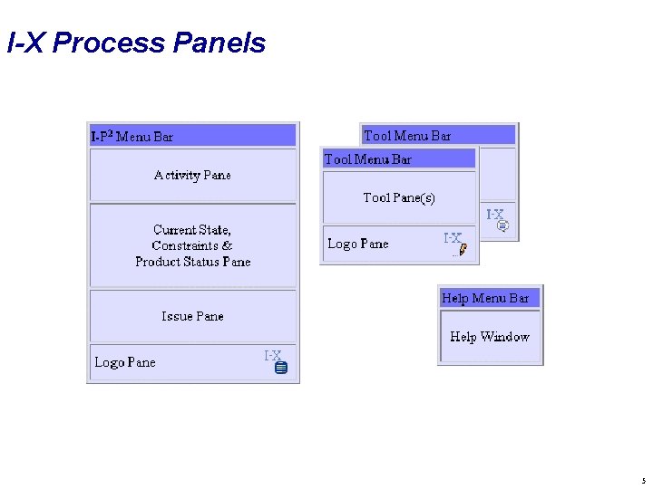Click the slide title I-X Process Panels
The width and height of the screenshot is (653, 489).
[136, 43]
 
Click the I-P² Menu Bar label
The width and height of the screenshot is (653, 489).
[132, 137]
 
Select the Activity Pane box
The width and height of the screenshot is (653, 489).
[192, 175]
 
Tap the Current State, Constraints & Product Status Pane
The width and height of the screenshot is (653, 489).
[192, 245]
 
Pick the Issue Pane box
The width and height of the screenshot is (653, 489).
[192, 316]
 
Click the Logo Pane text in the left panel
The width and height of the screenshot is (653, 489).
[125, 362]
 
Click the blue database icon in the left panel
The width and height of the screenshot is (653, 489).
[281, 368]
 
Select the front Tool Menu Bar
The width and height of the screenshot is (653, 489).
[368, 159]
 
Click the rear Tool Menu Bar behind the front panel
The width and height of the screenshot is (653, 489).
[407, 136]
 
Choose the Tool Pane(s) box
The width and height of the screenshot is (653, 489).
[399, 197]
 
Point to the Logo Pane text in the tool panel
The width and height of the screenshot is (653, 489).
[357, 244]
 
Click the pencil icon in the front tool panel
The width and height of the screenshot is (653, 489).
[463, 249]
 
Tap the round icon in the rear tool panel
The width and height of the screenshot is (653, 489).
[503, 225]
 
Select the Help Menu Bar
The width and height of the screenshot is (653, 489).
[485, 298]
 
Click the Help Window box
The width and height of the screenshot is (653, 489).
[490, 337]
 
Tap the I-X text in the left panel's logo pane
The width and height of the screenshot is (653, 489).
[272, 356]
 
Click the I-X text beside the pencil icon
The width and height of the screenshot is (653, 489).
[452, 238]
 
